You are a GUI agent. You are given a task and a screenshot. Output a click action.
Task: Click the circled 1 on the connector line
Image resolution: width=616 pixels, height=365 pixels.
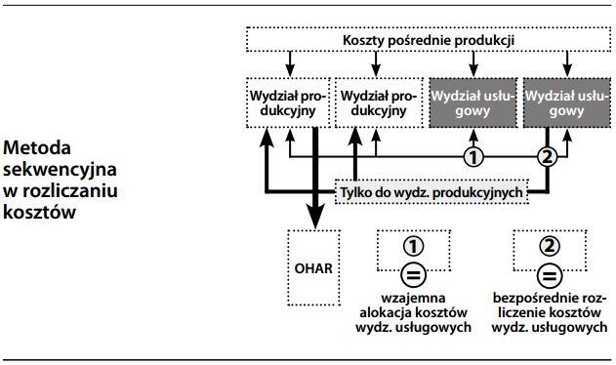tap(472, 156)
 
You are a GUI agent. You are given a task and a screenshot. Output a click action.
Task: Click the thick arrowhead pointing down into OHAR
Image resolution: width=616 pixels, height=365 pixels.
tap(312, 221)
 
